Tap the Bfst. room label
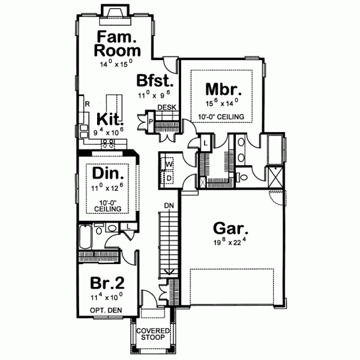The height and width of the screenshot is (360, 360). pos(155,81)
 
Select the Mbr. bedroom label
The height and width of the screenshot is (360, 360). pos(223,90)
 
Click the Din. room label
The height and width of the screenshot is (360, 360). pos(109,175)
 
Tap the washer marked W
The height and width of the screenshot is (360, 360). pos(169,164)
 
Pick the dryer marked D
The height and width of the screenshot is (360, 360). pos(169,178)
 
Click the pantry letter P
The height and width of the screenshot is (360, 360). pos(151,121)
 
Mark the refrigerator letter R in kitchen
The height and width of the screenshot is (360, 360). pos(87,104)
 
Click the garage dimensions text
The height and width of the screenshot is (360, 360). pos(230,244)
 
